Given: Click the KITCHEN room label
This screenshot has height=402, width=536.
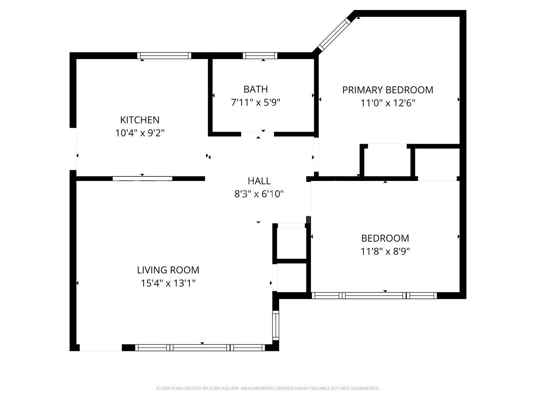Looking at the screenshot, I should point(140,120).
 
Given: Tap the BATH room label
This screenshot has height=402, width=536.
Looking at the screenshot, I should point(255,89).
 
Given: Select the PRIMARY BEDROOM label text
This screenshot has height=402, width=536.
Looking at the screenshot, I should point(387,90).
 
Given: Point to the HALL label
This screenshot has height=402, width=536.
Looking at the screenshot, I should point(259,181).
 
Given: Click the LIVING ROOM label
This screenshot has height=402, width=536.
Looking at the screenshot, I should point(168,270).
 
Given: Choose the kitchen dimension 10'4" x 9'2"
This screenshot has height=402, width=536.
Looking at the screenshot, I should point(140,133).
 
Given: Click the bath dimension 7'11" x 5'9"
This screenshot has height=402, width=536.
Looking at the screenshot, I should point(255,102).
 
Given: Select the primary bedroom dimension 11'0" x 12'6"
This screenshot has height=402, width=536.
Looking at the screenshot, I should point(387,103).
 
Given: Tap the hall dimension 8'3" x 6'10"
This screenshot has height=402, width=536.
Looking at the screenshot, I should point(259,194).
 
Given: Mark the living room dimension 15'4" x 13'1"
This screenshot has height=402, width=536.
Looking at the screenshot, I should point(168,283).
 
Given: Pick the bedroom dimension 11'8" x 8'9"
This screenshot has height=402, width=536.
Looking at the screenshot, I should point(385,251).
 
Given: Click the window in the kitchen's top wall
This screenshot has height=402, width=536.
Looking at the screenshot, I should point(164,56).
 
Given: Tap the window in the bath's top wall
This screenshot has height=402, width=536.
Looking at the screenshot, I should point(260,56).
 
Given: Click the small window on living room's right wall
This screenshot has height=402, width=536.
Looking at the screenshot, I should point(275,325).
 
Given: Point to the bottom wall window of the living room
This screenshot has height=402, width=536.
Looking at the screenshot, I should point(200,348).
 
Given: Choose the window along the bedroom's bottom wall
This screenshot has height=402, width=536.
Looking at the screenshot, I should point(374,296).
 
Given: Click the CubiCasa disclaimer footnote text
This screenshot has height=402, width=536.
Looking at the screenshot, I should point(268,388).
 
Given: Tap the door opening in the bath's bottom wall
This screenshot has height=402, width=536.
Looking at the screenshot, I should point(258,134).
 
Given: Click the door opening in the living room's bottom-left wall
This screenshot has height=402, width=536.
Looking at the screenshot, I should point(100,348).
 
